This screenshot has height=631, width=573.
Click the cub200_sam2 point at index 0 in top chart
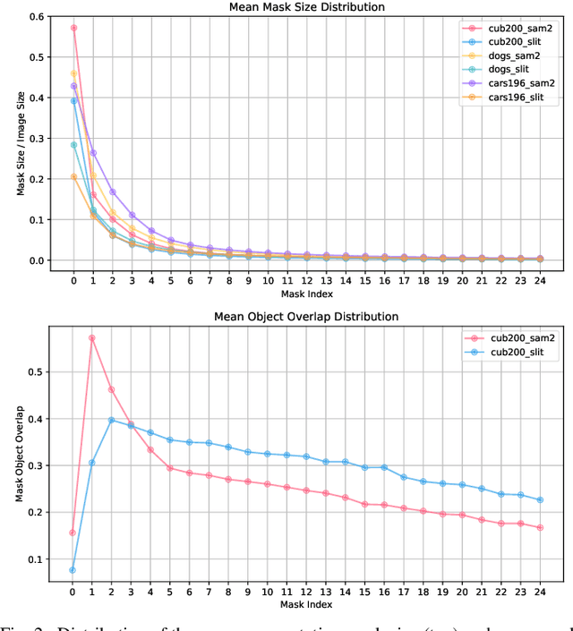pos(73,28)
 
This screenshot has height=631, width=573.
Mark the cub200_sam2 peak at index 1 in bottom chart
pos(91,338)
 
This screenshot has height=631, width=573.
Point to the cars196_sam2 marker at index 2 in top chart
pos(112,192)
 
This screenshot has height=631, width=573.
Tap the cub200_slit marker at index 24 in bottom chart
pos(540,500)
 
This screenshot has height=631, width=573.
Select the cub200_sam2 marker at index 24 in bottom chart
pos(540,528)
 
